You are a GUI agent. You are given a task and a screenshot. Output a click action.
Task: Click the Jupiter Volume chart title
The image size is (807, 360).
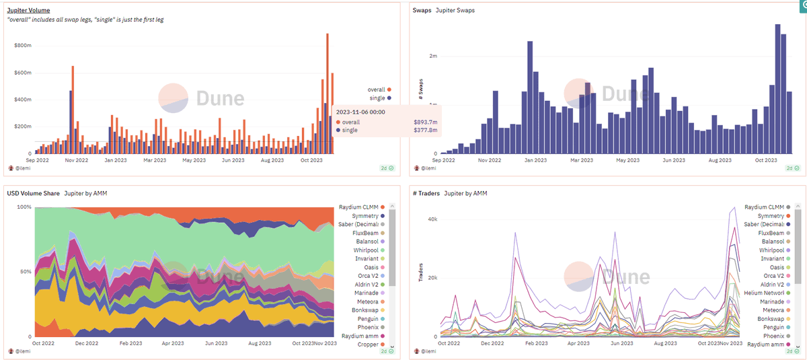pyautogui.click(x=28, y=11)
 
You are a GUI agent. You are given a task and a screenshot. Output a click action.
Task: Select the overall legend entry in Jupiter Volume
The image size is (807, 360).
pyautogui.click(x=379, y=89)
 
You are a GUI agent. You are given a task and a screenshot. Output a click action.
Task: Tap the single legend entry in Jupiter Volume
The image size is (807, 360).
pyautogui.click(x=380, y=98)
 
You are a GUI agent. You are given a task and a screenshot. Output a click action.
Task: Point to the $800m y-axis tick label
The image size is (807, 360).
pyautogui.click(x=23, y=45)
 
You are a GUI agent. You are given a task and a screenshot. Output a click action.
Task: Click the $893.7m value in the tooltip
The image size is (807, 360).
pyautogui.click(x=426, y=122)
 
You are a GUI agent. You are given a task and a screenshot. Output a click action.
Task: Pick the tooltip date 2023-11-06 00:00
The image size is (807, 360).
pyautogui.click(x=360, y=112)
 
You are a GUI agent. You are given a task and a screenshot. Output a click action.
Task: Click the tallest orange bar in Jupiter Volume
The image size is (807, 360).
pyautogui.click(x=328, y=94)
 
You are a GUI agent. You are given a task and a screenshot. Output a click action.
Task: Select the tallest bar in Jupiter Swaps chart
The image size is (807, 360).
pyautogui.click(x=778, y=89)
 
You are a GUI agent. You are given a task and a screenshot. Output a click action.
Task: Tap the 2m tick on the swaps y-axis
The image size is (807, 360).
pyautogui.click(x=433, y=56)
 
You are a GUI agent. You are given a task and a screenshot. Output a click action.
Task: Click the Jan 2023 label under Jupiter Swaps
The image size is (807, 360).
pyautogui.click(x=535, y=160)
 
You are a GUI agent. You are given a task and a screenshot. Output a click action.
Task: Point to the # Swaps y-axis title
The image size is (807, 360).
pyautogui.click(x=421, y=89)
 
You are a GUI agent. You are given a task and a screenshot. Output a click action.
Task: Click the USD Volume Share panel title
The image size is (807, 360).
pyautogui.click(x=33, y=194)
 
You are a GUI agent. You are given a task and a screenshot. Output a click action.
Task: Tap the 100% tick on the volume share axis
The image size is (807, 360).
pyautogui.click(x=24, y=207)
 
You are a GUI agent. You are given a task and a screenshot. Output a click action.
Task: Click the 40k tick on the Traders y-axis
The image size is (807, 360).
pyautogui.click(x=432, y=219)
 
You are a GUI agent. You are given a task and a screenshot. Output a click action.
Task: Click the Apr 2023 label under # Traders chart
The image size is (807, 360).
pyautogui.click(x=578, y=343)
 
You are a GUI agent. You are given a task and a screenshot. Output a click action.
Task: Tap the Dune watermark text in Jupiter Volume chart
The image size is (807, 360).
pyautogui.click(x=220, y=98)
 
